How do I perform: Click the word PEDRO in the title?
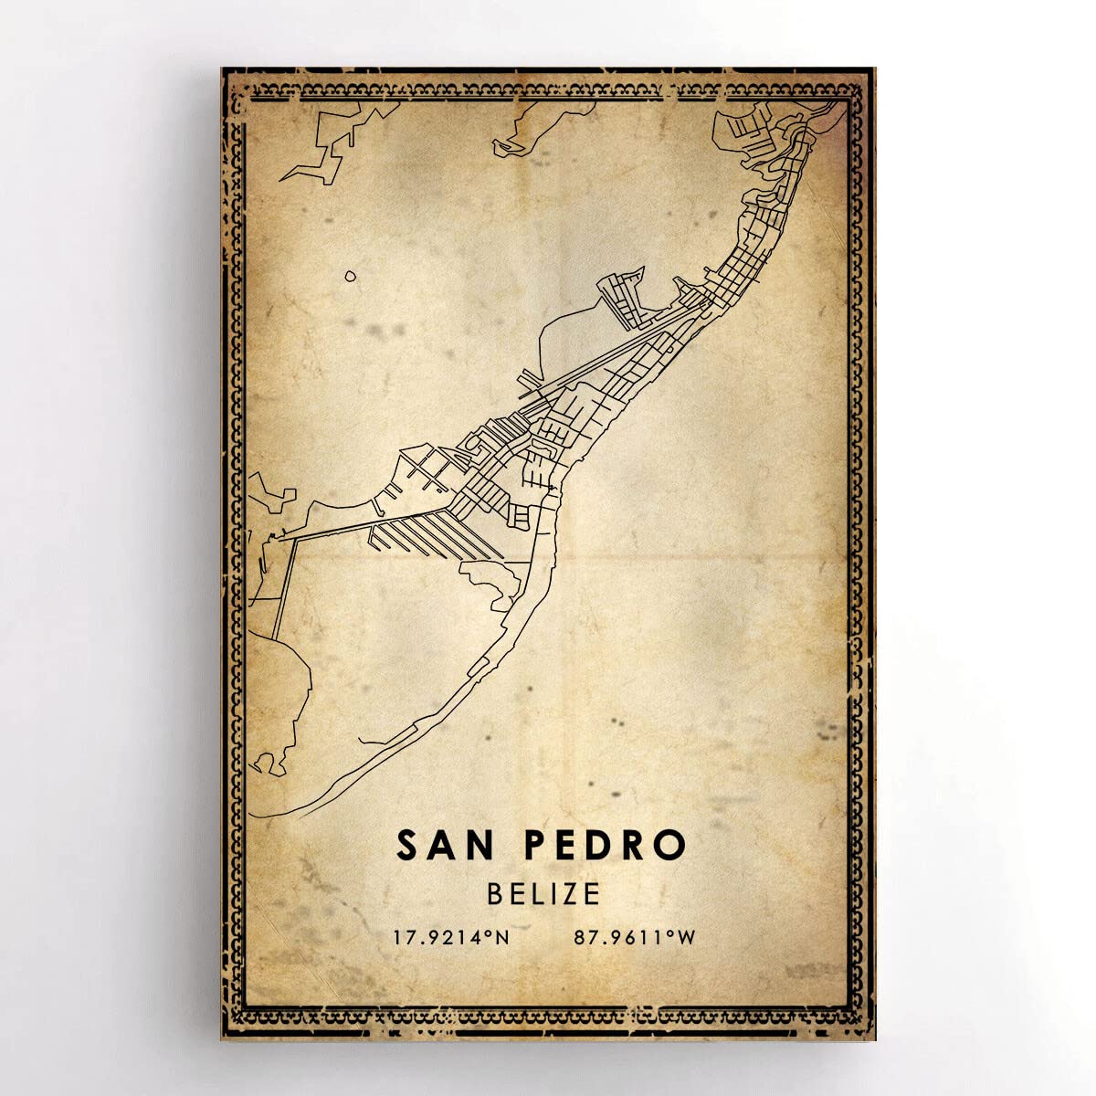click(605, 846)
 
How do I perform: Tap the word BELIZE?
click(543, 892)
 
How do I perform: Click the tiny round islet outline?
click(350, 276)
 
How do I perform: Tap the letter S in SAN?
click(408, 846)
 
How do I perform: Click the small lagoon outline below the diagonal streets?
click(493, 585)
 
